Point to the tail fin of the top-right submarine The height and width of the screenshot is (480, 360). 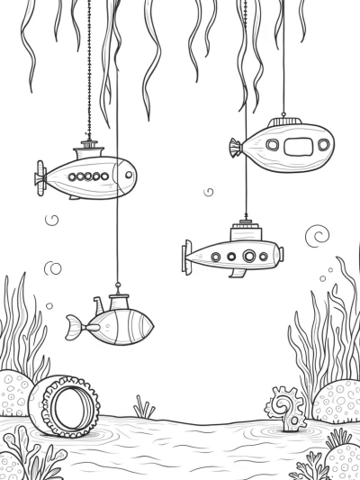pyautogui.click(x=236, y=147)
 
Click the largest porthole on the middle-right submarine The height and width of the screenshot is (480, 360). pyautogui.click(x=249, y=256)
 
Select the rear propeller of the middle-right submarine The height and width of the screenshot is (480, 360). pyautogui.click(x=188, y=257)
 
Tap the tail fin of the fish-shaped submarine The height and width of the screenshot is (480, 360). pyautogui.click(x=76, y=328)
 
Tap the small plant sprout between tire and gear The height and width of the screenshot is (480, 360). pyautogui.click(x=144, y=409)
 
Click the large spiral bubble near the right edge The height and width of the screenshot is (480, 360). pyautogui.click(x=317, y=236)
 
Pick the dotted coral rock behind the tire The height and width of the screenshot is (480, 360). pyautogui.click(x=15, y=393)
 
